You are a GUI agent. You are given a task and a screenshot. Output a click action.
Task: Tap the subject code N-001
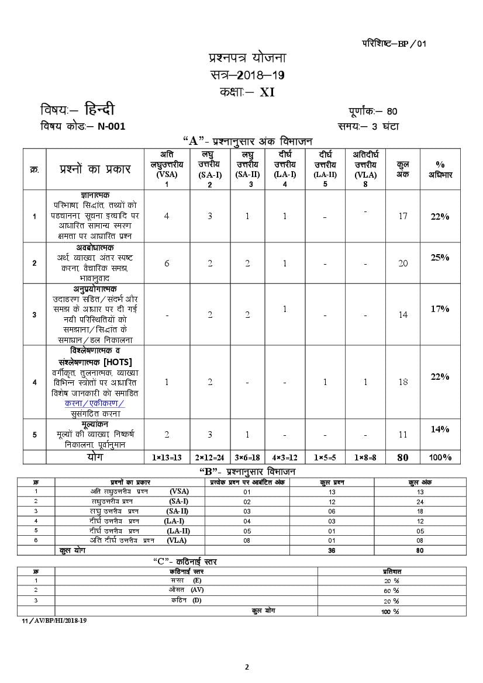[x=111, y=126]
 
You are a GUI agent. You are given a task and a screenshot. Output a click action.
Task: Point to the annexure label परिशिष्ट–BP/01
[x=394, y=44]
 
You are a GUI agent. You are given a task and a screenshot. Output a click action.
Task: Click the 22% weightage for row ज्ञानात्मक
[x=440, y=216]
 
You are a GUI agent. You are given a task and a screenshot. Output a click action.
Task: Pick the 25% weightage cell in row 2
[x=440, y=257]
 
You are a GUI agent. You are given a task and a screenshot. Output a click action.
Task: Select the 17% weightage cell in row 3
[x=440, y=308]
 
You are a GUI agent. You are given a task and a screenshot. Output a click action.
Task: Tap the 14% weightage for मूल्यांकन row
[x=440, y=429]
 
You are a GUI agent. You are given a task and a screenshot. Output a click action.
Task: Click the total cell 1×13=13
[x=167, y=457]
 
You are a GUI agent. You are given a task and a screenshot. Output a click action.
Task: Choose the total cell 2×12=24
[x=209, y=457]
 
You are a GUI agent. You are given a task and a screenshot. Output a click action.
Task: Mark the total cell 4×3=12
[x=285, y=457]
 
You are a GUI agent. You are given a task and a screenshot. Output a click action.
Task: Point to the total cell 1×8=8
[x=365, y=457]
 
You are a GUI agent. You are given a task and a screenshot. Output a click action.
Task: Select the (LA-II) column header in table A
[x=325, y=174]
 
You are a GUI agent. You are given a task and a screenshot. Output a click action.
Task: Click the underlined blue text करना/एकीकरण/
[x=95, y=403]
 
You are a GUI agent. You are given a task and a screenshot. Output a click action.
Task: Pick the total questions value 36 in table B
[x=331, y=550]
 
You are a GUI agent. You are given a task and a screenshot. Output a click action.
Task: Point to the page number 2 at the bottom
[x=247, y=667]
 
